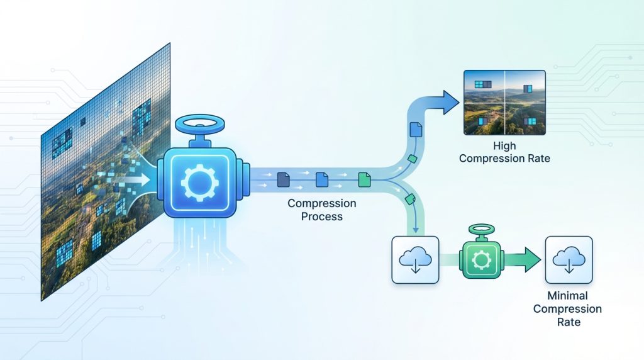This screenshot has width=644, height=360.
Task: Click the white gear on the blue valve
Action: tap(199, 181)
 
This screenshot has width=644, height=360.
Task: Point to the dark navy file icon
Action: tap(284, 180)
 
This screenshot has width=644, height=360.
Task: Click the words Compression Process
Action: tap(322, 210)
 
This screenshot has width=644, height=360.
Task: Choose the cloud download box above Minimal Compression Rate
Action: tap(569, 259)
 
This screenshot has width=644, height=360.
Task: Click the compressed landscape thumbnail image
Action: tap(504, 102)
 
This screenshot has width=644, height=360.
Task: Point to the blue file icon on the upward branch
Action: tap(414, 130)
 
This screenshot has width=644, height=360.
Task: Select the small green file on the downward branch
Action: tap(411, 199)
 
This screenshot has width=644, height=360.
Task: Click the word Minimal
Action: tap(568, 296)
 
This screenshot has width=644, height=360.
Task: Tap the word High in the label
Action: tap(504, 146)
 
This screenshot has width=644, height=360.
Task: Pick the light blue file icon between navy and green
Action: tap(322, 180)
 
